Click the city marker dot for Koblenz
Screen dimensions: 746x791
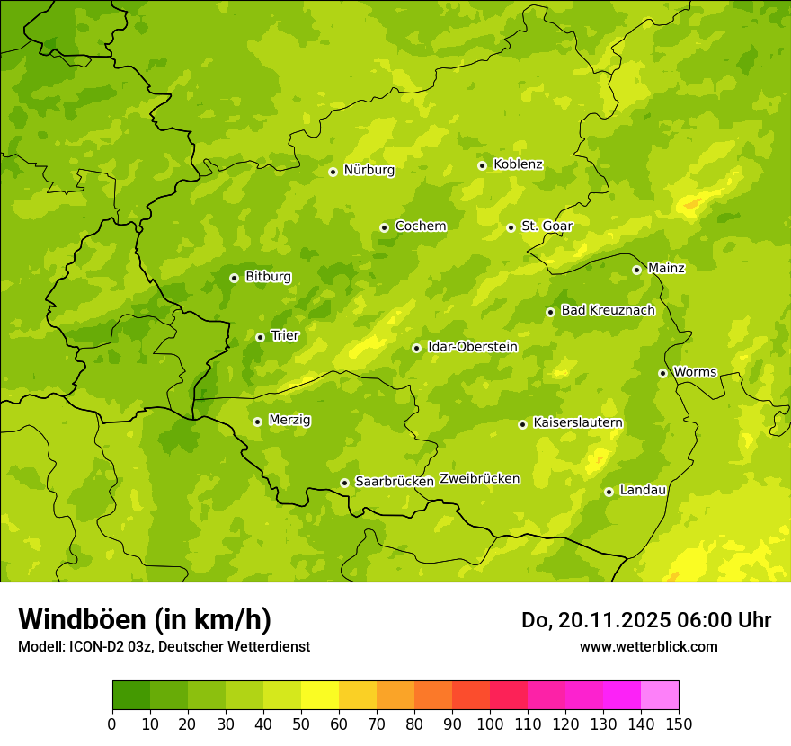tap(482, 165)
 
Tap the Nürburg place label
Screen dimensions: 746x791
tap(369, 170)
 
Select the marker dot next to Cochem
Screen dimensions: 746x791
tap(384, 227)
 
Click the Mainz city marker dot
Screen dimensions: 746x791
tap(636, 270)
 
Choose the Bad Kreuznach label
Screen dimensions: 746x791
tap(608, 310)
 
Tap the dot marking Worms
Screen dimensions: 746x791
tap(662, 373)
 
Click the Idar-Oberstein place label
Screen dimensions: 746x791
tap(472, 347)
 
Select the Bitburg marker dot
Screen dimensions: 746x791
tap(234, 278)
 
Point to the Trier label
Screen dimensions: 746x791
tap(284, 335)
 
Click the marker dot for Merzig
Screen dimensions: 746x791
tap(257, 422)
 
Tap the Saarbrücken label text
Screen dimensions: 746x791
tap(395, 482)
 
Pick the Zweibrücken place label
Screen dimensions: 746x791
tap(479, 479)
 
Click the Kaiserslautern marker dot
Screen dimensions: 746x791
tap(522, 424)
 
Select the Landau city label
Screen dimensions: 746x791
tap(643, 490)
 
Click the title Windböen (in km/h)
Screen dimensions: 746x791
tap(145, 619)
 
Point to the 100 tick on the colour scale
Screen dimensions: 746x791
tap(490, 724)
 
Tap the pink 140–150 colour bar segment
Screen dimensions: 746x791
tap(660, 696)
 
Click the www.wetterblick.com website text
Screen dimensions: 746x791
tap(648, 646)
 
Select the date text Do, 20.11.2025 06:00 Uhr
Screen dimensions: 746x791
tap(645, 620)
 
